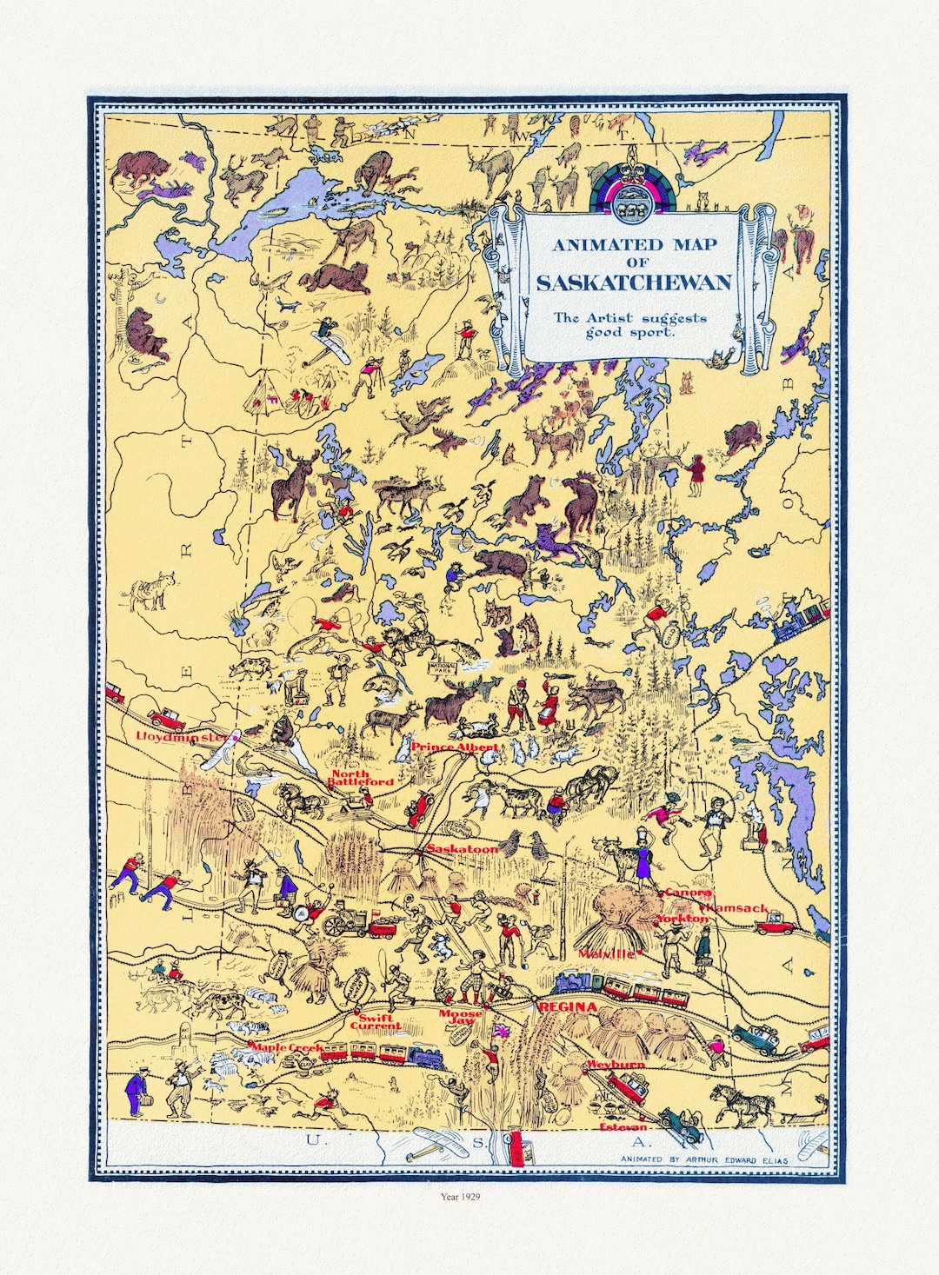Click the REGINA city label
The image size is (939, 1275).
click(x=568, y=1007)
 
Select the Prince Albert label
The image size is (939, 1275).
click(x=455, y=747)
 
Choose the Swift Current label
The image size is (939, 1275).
click(x=376, y=1021)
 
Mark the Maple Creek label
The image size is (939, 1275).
click(x=287, y=1048)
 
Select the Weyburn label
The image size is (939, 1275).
click(x=616, y=1064)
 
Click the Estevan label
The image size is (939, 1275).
click(x=623, y=1127)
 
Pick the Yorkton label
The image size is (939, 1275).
click(x=682, y=918)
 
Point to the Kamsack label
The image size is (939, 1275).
click(x=738, y=907)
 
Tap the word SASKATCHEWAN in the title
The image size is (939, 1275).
click(x=633, y=282)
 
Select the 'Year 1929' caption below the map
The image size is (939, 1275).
click(x=461, y=1197)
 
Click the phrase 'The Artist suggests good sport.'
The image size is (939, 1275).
click(x=631, y=324)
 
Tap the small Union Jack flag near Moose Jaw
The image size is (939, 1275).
click(x=501, y=1031)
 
